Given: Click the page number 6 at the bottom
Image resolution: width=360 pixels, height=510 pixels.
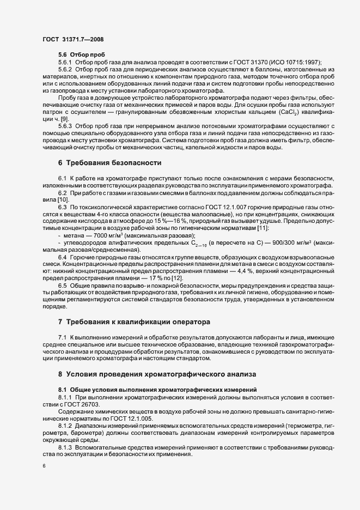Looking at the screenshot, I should (44, 466).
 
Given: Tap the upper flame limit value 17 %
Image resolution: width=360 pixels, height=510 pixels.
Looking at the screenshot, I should (155, 279).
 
